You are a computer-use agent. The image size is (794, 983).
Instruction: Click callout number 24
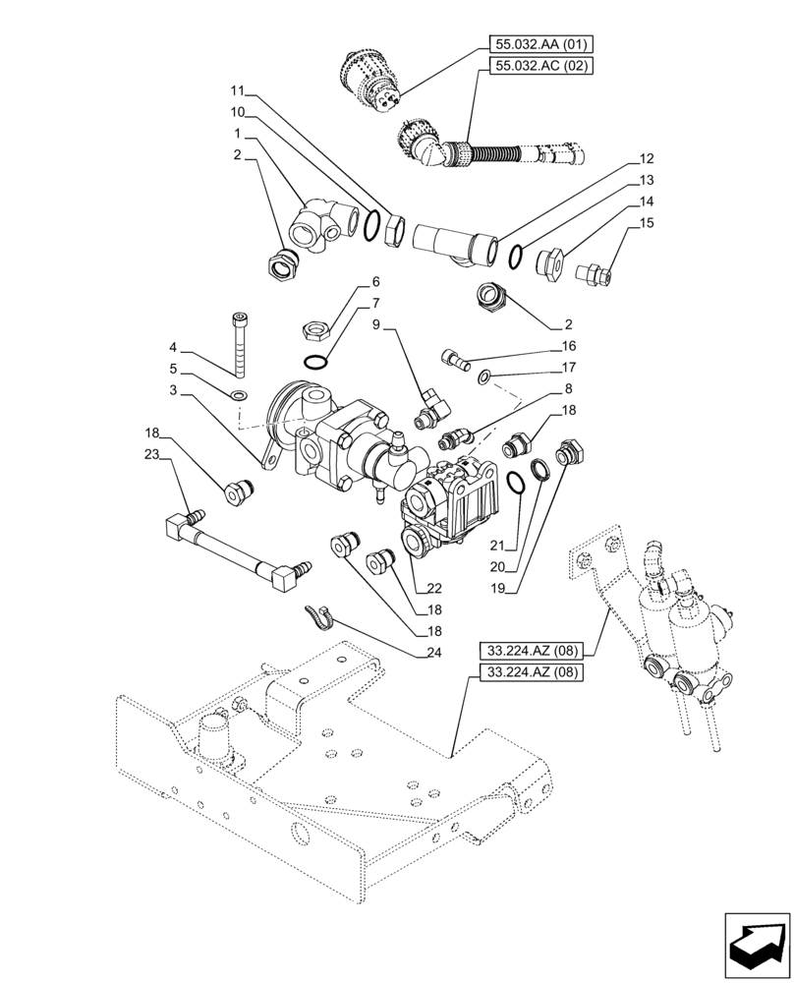point(433,652)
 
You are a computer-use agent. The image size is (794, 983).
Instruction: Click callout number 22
point(433,589)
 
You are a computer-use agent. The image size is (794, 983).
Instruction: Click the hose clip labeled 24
point(319,615)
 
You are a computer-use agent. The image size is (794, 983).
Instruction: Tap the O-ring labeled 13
point(516,256)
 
